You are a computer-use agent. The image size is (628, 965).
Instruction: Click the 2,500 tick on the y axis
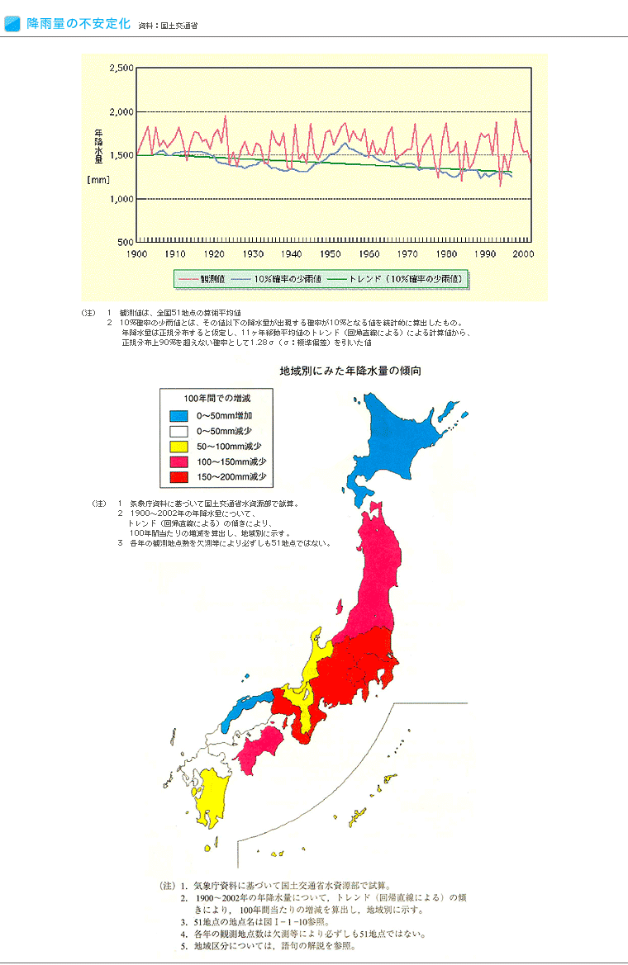click(121, 69)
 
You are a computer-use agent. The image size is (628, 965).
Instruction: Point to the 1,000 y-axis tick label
click(121, 199)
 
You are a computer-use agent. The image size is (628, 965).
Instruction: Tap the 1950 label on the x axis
click(331, 253)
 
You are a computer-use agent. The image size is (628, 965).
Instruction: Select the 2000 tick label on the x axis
click(523, 253)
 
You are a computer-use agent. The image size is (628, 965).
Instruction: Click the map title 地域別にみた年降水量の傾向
click(350, 372)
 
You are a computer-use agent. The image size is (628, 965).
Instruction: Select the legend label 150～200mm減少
click(231, 477)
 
